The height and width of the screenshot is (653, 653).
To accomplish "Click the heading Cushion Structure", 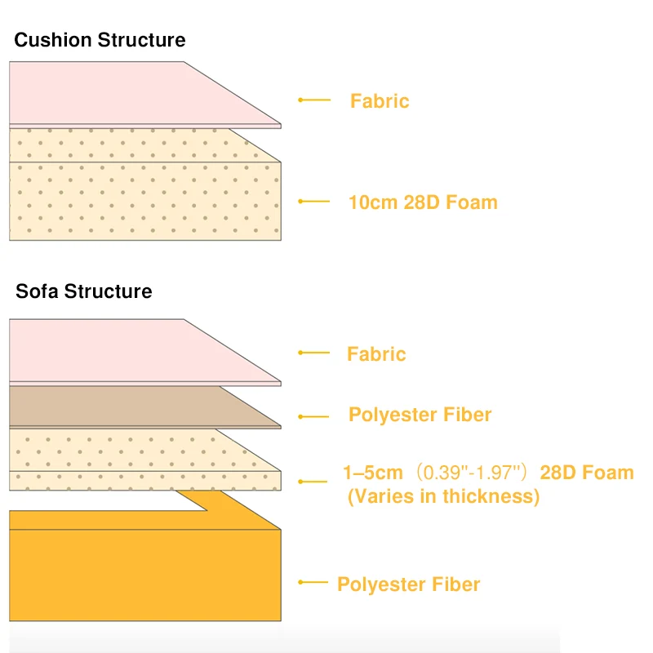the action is [x=100, y=40].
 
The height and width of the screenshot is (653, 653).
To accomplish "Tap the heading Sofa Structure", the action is [x=84, y=291].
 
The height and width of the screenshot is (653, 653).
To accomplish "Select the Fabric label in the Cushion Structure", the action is [x=380, y=100].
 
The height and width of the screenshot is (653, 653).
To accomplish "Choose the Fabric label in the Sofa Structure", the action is [x=376, y=354].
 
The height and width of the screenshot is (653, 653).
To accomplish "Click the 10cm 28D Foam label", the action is [x=423, y=202].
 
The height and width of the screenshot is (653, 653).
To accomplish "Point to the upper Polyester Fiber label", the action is [x=420, y=415].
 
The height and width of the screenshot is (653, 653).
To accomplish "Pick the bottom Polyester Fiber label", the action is [x=409, y=584].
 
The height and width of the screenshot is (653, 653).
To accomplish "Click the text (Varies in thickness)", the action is [x=443, y=496].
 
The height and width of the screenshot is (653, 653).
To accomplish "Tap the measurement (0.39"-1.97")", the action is [x=472, y=473].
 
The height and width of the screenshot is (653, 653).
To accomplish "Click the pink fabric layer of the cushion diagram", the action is [x=125, y=94].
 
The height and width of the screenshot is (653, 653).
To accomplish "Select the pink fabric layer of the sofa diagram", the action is [x=125, y=352].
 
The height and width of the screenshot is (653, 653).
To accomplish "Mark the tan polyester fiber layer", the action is [x=125, y=406].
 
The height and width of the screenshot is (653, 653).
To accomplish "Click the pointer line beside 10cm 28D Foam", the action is [x=314, y=201].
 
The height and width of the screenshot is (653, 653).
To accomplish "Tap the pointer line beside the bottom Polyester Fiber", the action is [x=313, y=582].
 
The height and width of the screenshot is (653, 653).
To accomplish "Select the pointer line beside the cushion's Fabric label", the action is [x=314, y=100].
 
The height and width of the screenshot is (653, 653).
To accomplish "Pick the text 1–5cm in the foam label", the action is [x=373, y=473].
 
